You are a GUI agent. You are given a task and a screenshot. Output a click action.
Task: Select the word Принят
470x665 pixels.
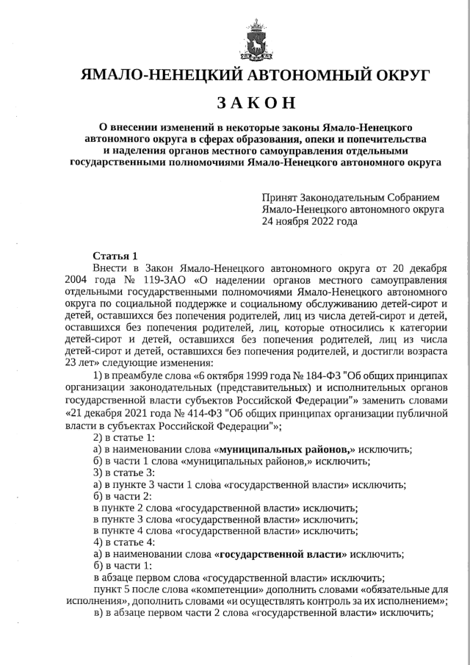click(279, 198)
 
